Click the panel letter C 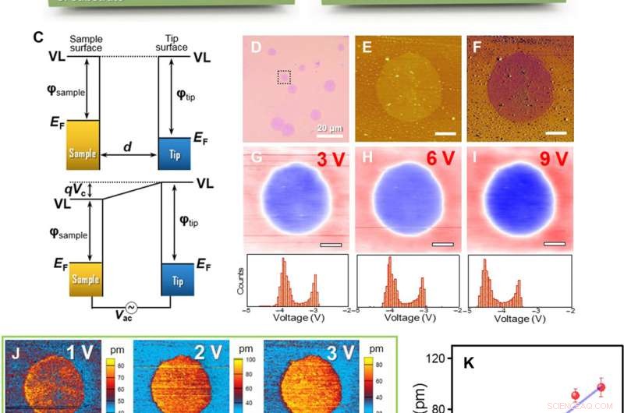(37, 37)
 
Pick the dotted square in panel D (284, 76)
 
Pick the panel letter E (367, 48)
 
